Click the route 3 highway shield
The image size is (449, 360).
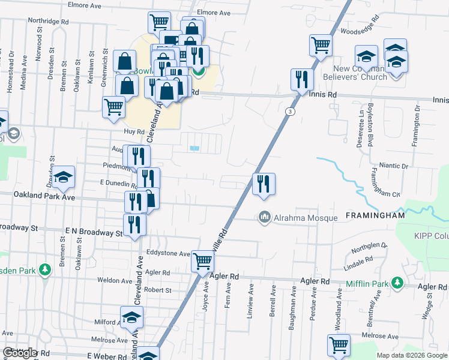click(291, 112)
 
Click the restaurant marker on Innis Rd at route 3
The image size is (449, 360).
click(302, 79)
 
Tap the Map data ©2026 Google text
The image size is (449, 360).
click(411, 355)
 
